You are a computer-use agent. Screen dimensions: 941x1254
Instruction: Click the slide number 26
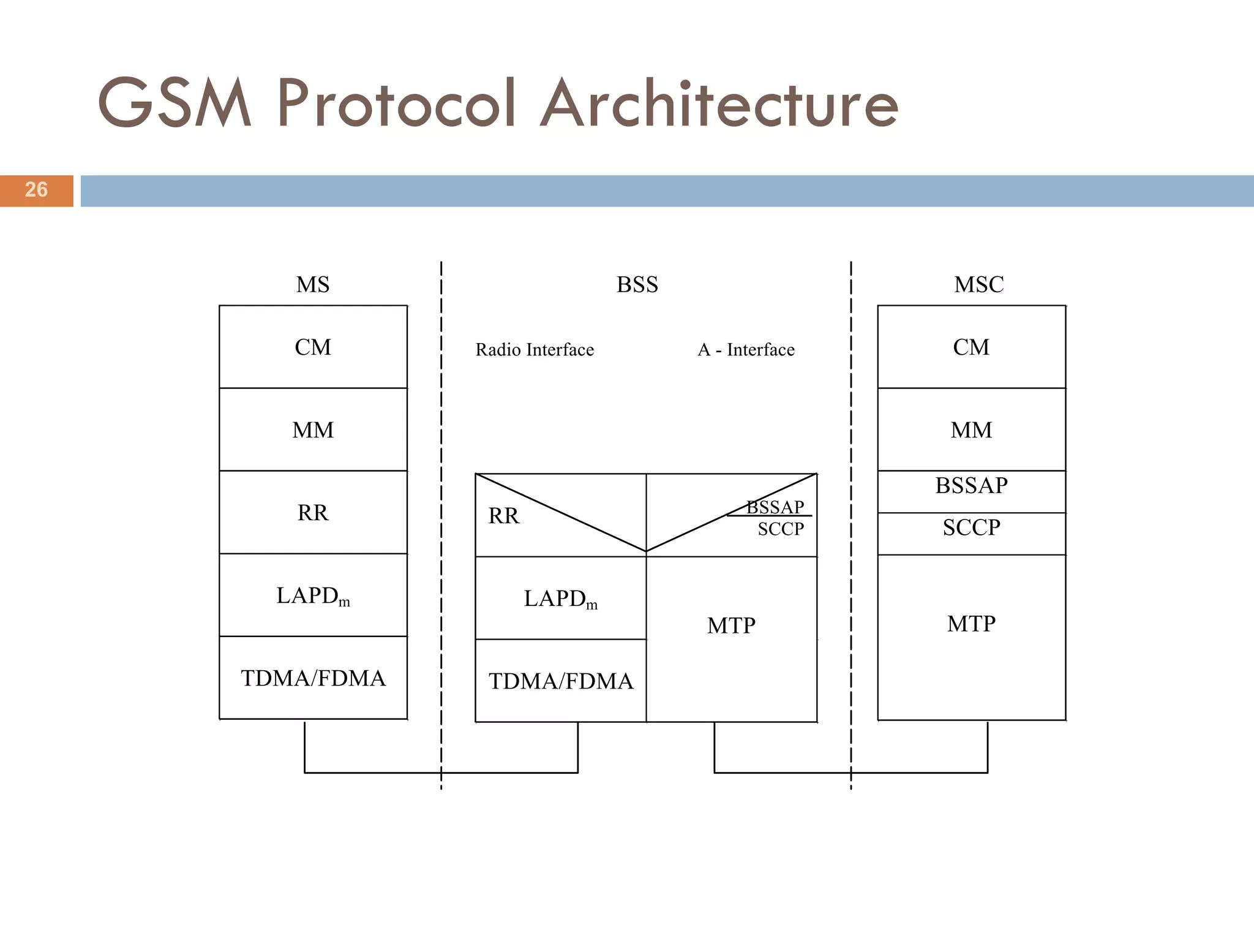[x=36, y=190]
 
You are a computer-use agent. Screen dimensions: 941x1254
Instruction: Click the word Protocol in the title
[x=396, y=104]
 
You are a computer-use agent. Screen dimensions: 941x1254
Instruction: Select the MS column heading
[x=313, y=285]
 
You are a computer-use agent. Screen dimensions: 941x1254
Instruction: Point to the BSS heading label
[x=637, y=285]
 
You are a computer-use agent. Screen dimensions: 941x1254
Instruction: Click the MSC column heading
[x=978, y=285]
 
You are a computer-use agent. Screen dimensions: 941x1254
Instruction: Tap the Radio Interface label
[x=535, y=350]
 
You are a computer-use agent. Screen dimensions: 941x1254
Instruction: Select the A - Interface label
[x=746, y=350]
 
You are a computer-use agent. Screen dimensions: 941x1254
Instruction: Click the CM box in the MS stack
[x=313, y=347]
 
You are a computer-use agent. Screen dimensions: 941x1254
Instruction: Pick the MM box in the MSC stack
[x=971, y=429]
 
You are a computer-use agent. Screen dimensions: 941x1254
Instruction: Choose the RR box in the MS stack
[x=313, y=512]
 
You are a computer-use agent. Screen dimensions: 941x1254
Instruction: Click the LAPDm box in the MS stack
[x=313, y=595]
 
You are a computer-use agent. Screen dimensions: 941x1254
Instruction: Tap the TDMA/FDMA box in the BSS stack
[x=561, y=681]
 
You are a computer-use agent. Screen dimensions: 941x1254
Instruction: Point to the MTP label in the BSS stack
[x=731, y=625]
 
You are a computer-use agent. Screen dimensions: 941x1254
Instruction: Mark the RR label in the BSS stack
[x=503, y=516]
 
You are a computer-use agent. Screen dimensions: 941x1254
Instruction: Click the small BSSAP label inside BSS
[x=775, y=507]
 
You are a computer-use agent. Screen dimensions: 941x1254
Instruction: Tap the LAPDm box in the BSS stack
[x=561, y=598]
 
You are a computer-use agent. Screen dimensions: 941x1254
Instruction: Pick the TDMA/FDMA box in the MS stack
[x=313, y=678]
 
